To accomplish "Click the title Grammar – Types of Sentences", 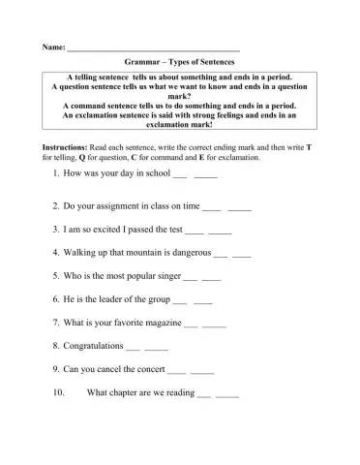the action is pos(181,60).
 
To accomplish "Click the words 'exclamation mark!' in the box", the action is pos(181,124).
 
